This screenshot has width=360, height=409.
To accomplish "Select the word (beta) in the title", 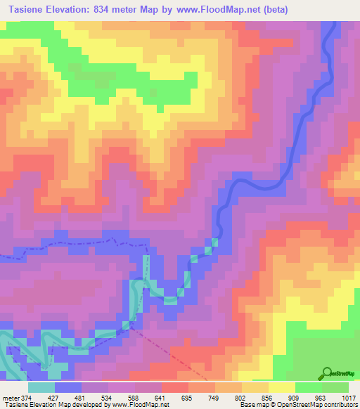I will tap(273, 10).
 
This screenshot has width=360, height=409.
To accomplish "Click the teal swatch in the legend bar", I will tap(41, 387).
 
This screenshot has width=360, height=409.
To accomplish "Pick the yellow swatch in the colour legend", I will tap(282, 387).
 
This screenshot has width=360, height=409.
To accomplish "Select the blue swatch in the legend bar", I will tap(68, 387).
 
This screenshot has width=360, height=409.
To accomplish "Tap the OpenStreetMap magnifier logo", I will tap(327, 372).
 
